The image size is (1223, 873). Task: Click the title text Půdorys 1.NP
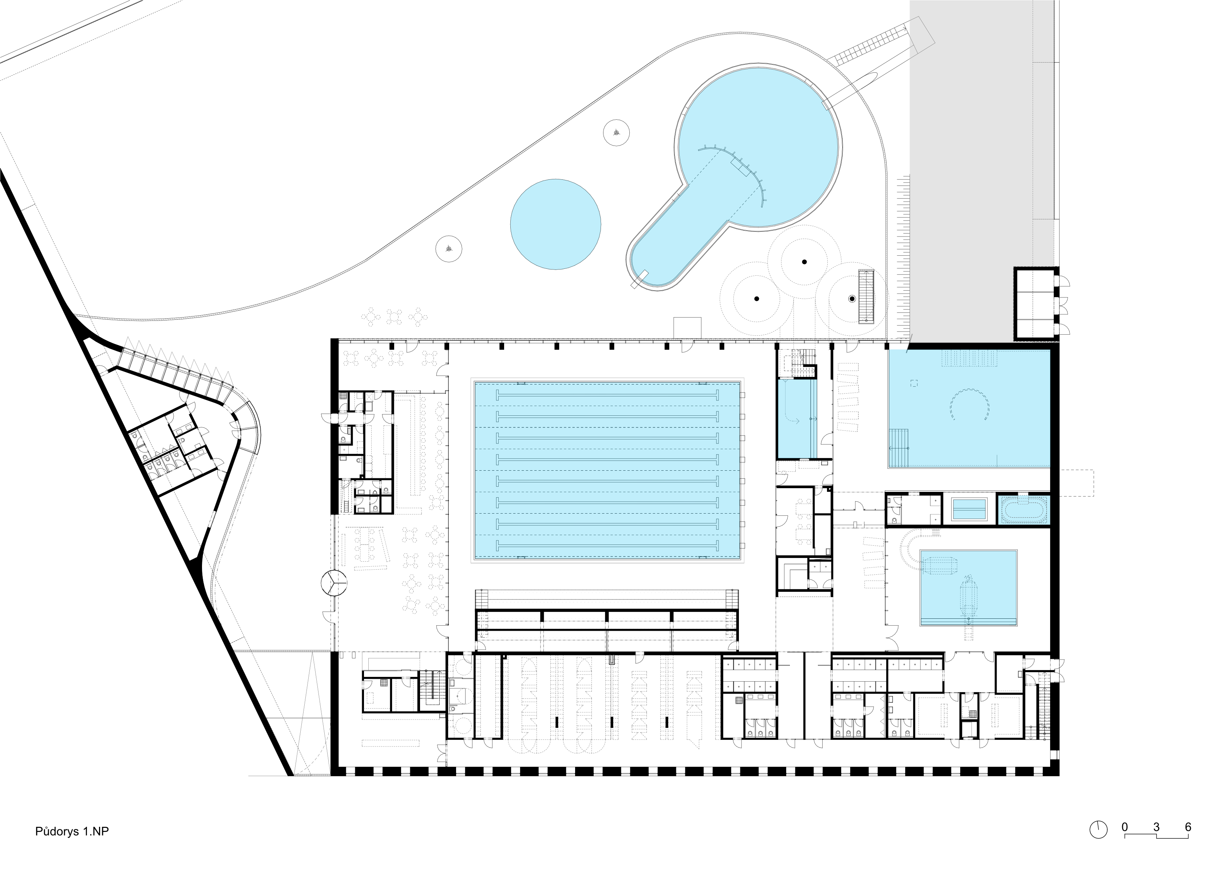click(x=72, y=832)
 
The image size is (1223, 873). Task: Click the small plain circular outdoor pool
click(x=555, y=224)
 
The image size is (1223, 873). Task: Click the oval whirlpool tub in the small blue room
click(x=1022, y=510)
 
